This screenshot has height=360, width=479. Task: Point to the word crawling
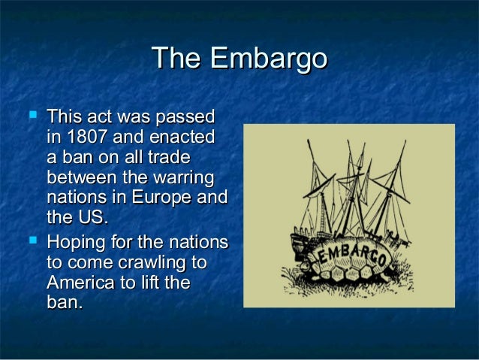(158, 264)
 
